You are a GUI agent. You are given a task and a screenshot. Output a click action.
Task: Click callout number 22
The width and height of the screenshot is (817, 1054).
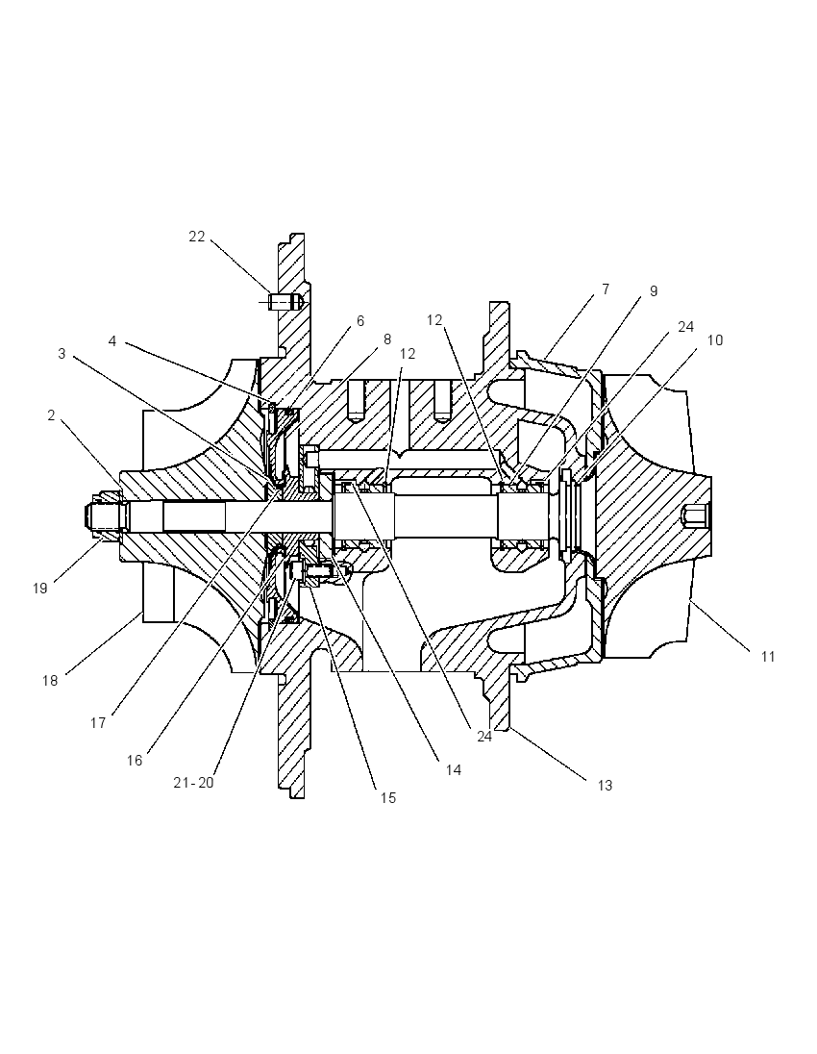[x=196, y=237]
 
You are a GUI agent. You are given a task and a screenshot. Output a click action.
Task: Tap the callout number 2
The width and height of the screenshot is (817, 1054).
[x=51, y=415]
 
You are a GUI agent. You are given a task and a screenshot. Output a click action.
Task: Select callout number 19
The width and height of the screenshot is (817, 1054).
[x=39, y=589]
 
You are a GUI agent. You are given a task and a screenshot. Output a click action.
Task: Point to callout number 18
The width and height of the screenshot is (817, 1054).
[x=50, y=680]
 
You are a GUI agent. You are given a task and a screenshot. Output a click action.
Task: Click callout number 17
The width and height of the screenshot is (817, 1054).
[x=98, y=722]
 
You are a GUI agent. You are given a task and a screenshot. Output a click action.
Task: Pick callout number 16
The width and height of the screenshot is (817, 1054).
[x=135, y=760]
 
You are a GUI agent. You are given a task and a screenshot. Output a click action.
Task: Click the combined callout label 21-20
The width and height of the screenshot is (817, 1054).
[x=193, y=783]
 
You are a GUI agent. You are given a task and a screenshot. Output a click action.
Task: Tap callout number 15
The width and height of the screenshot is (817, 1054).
[x=388, y=798]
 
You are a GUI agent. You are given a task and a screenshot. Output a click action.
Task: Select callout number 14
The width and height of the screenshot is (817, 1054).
[x=454, y=769]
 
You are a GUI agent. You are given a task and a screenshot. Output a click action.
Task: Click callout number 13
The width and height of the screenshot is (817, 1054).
[x=605, y=785]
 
